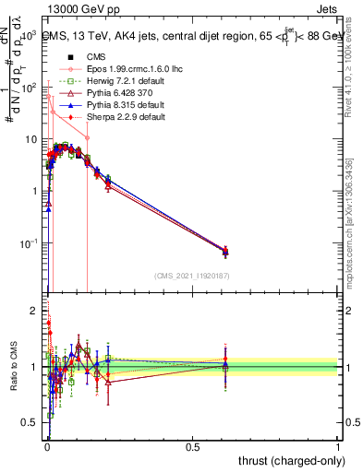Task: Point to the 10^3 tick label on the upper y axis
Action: [30, 35]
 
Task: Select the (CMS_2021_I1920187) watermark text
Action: [191, 276]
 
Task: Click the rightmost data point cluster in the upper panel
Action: [226, 250]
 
